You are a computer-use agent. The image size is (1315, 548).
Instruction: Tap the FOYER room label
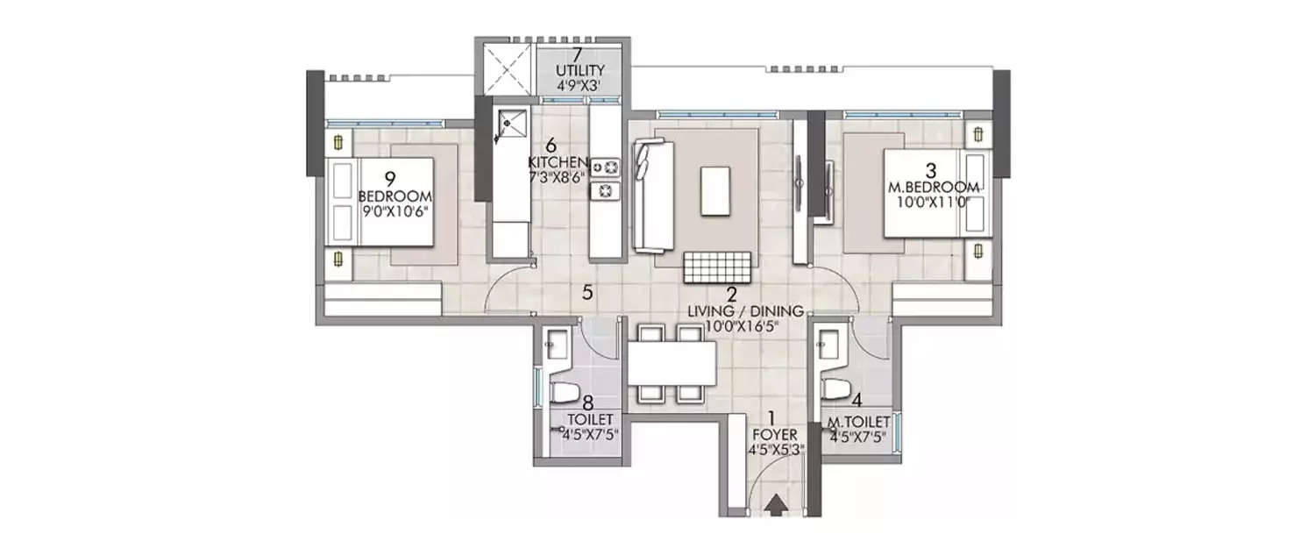(x=771, y=433)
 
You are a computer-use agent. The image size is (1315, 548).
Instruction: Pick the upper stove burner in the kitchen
(x=605, y=165)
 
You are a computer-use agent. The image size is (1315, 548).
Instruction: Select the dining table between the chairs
(x=671, y=361)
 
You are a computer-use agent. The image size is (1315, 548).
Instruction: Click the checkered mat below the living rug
(x=718, y=266)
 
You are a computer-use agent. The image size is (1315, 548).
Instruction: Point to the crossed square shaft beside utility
(x=503, y=69)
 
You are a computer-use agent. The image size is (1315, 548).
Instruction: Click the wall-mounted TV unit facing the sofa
(x=800, y=187)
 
